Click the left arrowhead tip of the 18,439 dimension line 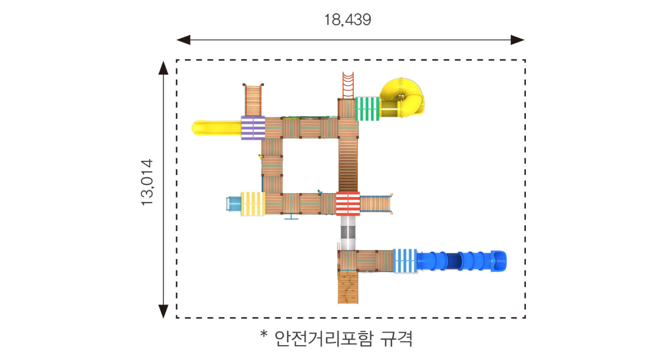coord(177,40)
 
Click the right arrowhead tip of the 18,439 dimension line coord(525,40)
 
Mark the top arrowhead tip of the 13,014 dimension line coord(163,62)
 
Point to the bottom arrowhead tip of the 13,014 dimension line coord(163,318)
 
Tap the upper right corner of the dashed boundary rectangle coord(525,60)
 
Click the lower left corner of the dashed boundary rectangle coord(177,318)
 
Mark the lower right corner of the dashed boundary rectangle coord(525,318)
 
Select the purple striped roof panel coord(253,128)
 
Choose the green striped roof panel coord(367,109)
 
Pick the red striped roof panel coord(348,204)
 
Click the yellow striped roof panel coord(253,204)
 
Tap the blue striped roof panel coord(405,261)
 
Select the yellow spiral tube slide coord(402,98)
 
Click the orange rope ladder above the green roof coord(348,85)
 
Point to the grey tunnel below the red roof coord(348,233)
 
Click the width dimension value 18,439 coord(347,20)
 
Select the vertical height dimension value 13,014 coord(147,182)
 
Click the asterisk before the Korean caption coord(264,334)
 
